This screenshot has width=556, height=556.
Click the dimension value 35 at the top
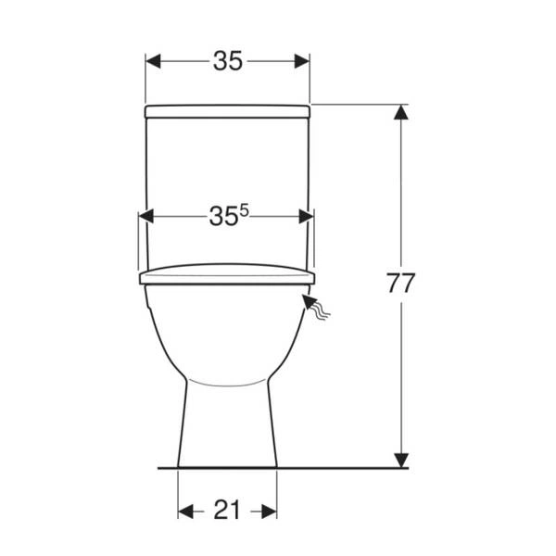tap(228, 61)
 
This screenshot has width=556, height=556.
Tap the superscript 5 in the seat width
tap(244, 211)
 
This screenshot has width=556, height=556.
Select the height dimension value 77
tap(400, 283)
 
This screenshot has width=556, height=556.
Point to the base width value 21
tap(227, 510)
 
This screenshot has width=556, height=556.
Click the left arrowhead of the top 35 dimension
tap(153, 61)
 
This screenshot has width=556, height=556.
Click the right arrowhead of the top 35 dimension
tap(302, 61)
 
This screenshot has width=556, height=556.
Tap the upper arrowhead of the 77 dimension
tap(401, 112)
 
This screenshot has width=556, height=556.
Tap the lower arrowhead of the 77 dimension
tap(401, 461)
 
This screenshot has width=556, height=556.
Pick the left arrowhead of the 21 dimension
tap(185, 512)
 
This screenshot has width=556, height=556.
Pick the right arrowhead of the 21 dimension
tap(269, 512)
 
